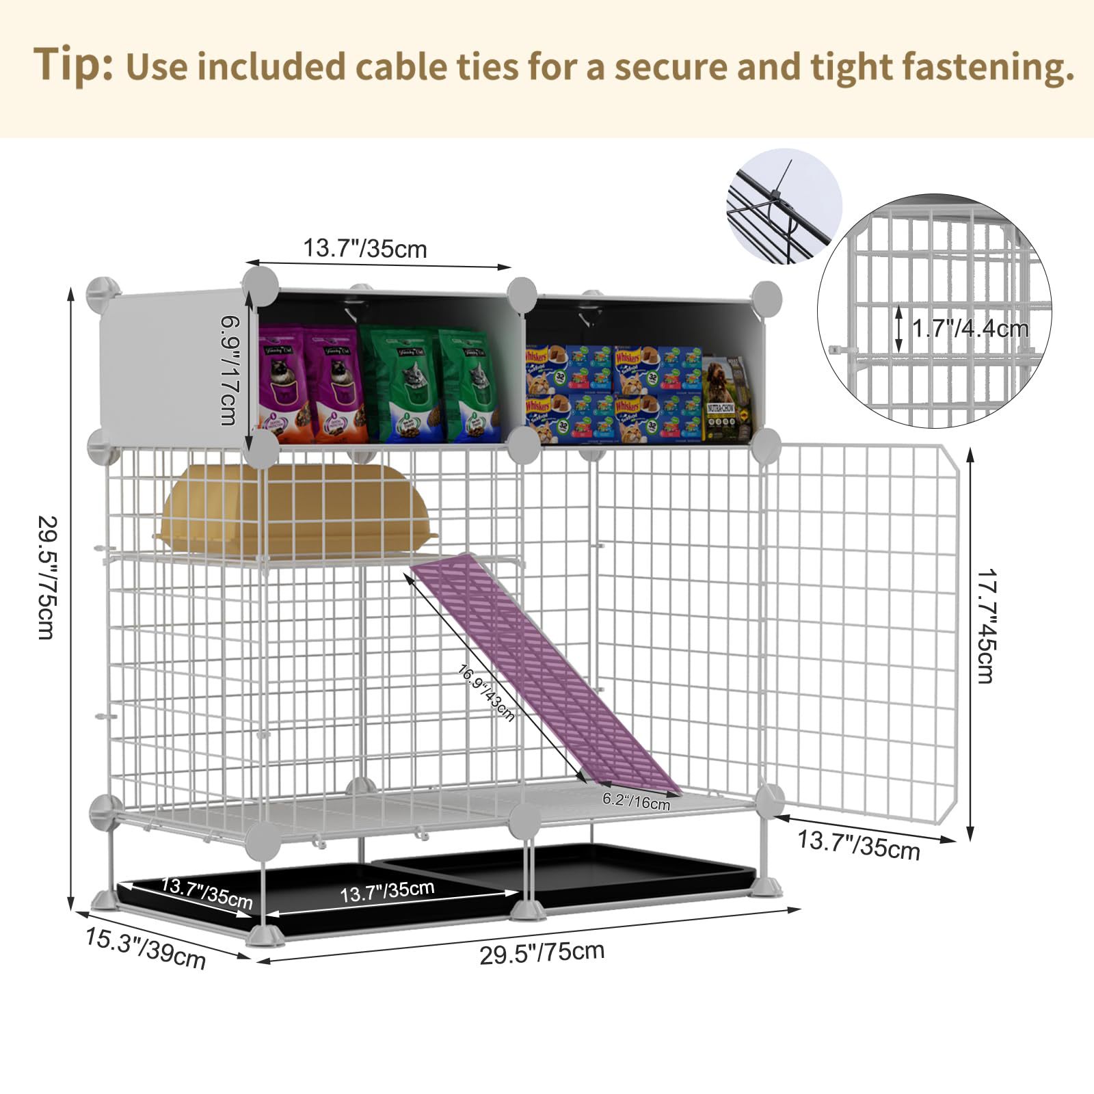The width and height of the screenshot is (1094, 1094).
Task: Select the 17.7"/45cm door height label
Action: coord(985,626)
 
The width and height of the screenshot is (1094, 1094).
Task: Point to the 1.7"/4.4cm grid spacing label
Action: coord(970,329)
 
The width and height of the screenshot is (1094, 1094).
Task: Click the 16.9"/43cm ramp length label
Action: coord(485,693)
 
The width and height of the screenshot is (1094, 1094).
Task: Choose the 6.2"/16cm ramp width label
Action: coord(636,801)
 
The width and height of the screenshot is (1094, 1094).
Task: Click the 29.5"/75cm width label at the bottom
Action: coord(542,952)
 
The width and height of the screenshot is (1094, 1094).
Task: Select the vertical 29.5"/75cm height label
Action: coord(46,578)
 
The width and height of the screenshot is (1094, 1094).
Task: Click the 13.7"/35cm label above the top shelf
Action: coord(365,249)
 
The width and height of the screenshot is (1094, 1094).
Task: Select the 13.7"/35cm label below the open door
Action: coord(859,845)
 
